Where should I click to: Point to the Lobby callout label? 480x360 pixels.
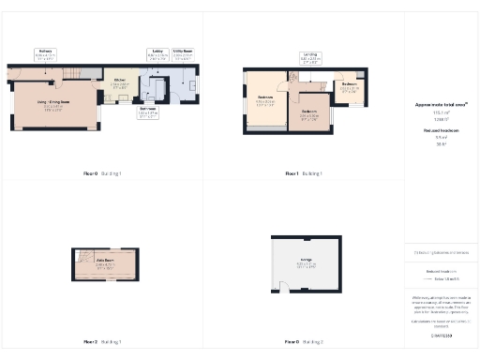tap(156, 53)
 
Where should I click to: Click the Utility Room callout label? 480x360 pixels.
tap(184, 53)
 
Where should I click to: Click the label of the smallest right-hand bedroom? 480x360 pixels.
tap(348, 88)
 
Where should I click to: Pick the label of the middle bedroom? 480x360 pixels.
tap(309, 115)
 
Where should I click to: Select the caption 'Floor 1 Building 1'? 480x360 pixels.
tap(304, 174)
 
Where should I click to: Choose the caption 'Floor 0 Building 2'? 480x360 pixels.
tap(304, 341)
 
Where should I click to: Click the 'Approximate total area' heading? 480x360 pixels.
tap(441, 105)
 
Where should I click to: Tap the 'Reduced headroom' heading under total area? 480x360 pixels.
tap(441, 131)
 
